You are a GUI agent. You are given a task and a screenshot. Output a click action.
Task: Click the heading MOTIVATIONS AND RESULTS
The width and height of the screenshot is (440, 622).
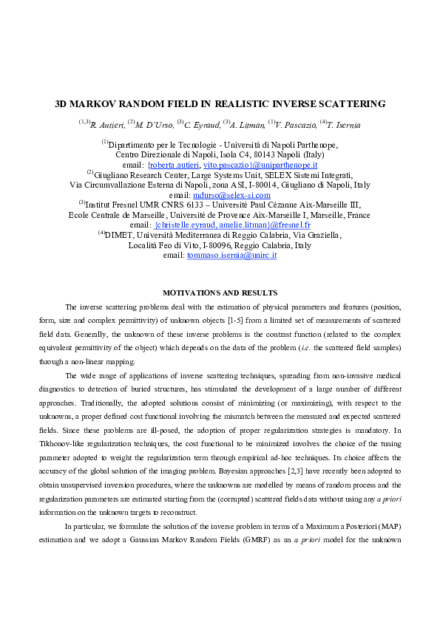220,293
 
